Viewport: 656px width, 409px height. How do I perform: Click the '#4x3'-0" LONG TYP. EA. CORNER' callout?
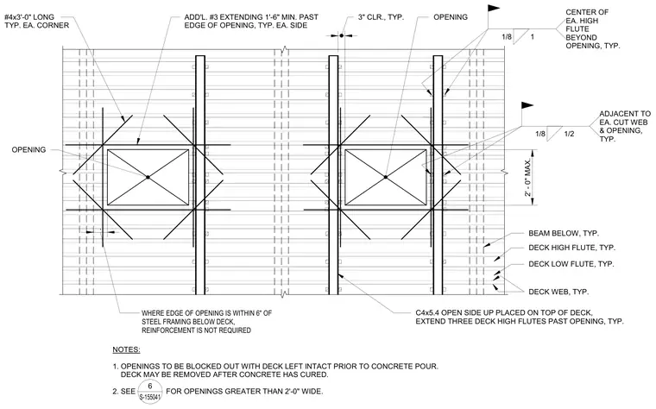[37, 22]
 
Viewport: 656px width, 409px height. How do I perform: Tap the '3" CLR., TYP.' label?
[381, 17]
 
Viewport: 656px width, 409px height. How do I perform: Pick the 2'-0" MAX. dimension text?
[528, 177]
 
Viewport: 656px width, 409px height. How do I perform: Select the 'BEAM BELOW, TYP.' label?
[564, 233]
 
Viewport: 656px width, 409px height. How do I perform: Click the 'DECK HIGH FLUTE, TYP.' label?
[572, 248]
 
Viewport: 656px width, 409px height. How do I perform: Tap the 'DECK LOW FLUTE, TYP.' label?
[571, 264]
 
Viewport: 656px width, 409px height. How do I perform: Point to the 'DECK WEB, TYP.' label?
[558, 292]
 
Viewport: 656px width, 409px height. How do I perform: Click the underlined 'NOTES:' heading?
[126, 349]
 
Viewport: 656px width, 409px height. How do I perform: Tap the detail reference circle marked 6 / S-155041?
[150, 392]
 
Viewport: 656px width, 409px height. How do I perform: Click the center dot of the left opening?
[148, 177]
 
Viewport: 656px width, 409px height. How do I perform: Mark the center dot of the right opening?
[385, 177]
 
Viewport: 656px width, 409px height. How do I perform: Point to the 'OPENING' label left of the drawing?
[28, 150]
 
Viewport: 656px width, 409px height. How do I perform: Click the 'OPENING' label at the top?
[451, 17]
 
